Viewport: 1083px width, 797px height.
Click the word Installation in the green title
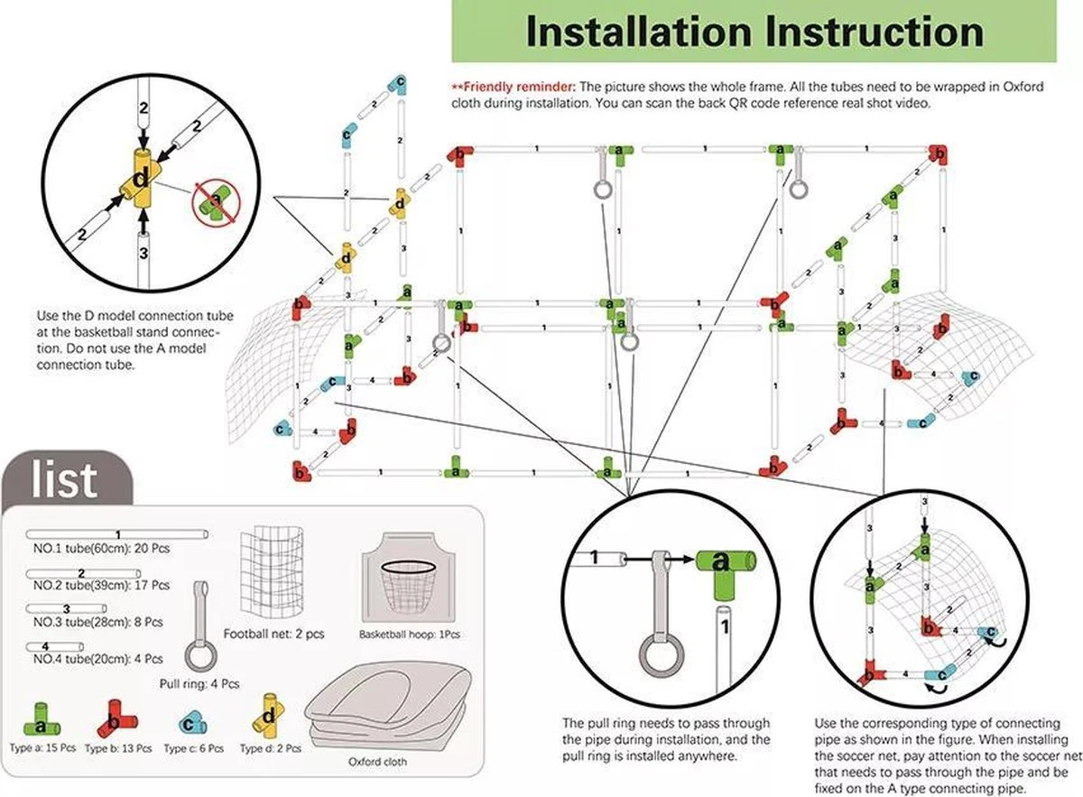pos(636,32)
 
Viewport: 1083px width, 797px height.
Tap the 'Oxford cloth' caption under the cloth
pos(376,762)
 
